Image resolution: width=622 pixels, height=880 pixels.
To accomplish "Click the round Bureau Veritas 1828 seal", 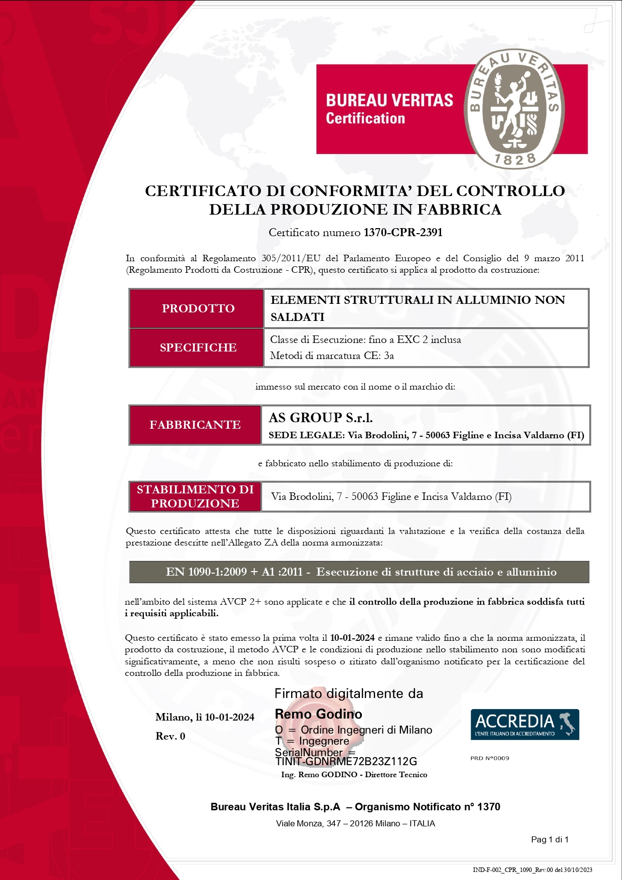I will (x=515, y=109).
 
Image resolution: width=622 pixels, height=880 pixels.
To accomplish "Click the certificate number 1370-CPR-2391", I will (x=403, y=232).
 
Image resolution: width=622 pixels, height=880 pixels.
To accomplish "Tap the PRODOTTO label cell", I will (x=197, y=308).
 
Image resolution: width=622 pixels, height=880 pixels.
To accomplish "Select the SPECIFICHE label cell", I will (x=197, y=347).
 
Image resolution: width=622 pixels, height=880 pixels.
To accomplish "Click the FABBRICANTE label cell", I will (x=195, y=425).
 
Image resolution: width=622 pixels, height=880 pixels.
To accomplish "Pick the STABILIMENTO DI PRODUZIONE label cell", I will (x=195, y=496).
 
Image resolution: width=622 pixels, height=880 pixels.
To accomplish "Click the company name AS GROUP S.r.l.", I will (x=321, y=418).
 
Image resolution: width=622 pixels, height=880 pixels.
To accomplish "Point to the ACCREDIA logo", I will (x=524, y=724).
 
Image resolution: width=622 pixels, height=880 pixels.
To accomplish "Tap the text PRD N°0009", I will (x=489, y=758).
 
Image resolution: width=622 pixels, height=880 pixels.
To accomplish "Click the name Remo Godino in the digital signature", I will (x=318, y=714).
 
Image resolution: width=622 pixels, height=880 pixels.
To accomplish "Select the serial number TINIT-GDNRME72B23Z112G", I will (x=346, y=762).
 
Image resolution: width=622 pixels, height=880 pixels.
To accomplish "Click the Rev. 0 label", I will (x=170, y=736).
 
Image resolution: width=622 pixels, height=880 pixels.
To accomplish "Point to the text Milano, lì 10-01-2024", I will (x=204, y=717).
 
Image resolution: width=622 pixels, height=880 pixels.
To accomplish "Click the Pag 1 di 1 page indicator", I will (x=549, y=839).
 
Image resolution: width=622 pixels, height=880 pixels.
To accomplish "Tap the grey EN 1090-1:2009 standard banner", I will (x=359, y=572).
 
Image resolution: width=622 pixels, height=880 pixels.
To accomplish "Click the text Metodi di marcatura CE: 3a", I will (x=332, y=356).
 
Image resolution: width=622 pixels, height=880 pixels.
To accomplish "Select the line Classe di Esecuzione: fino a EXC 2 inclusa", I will (x=365, y=339).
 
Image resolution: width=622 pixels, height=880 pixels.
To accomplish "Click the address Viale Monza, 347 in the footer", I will (x=355, y=823).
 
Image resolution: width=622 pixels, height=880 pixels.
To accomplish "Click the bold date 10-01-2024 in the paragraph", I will (x=352, y=638).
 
